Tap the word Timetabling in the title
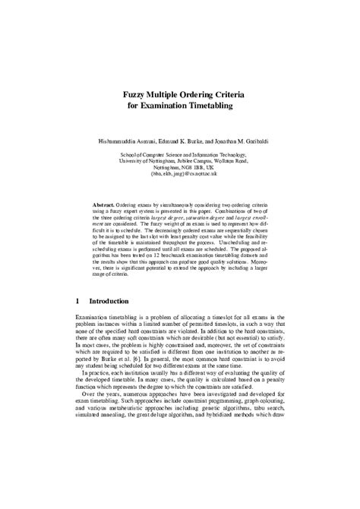pos(210,107)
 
